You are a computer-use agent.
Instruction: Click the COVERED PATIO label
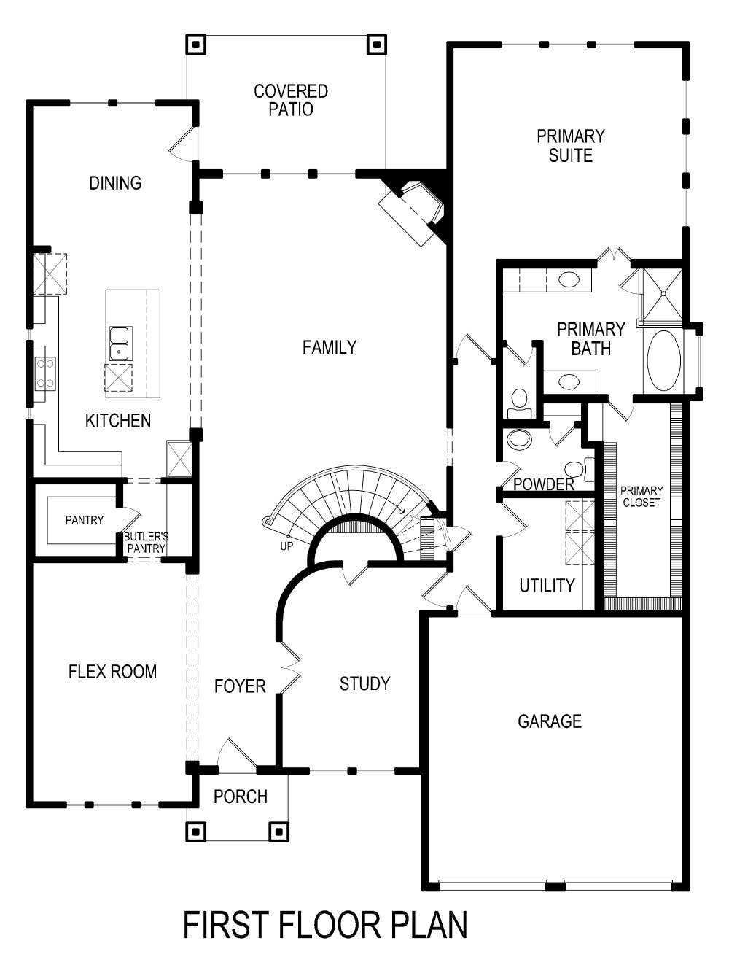pyautogui.click(x=291, y=101)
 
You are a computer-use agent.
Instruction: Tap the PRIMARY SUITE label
pyautogui.click(x=570, y=146)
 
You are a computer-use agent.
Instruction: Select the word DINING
pyautogui.click(x=115, y=183)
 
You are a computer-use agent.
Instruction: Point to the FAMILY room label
pyautogui.click(x=330, y=347)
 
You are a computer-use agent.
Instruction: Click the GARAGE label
pyautogui.click(x=550, y=721)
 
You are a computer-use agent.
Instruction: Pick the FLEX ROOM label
pyautogui.click(x=112, y=672)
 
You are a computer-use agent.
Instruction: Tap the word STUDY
pyautogui.click(x=364, y=683)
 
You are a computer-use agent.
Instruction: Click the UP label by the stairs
pyautogui.click(x=286, y=546)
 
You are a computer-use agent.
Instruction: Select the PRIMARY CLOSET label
pyautogui.click(x=642, y=497)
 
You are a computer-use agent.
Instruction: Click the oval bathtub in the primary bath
pyautogui.click(x=663, y=360)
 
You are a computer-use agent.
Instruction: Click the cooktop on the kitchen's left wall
pyautogui.click(x=44, y=373)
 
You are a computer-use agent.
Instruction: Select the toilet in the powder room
pyautogui.click(x=576, y=469)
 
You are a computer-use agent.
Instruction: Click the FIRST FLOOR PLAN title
pyautogui.click(x=324, y=925)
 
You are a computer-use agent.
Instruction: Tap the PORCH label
pyautogui.click(x=240, y=796)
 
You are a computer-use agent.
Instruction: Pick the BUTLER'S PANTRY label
pyautogui.click(x=146, y=542)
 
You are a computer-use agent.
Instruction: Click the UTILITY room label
pyautogui.click(x=547, y=585)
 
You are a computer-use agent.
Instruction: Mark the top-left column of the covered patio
pyautogui.click(x=195, y=44)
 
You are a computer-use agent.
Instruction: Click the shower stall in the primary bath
pyautogui.click(x=661, y=295)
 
